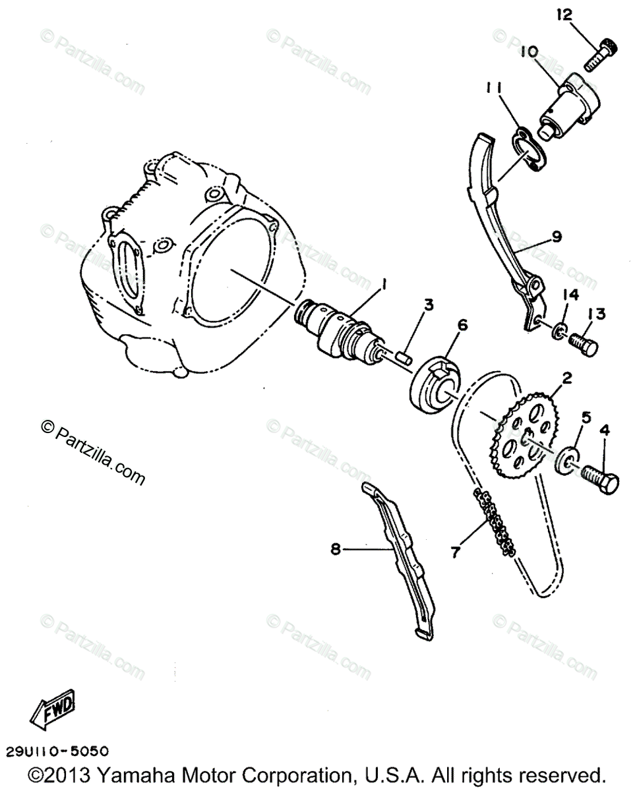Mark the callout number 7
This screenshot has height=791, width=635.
(454, 552)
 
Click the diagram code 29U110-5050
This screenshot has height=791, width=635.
(57, 751)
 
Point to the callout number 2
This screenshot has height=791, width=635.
(566, 378)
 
